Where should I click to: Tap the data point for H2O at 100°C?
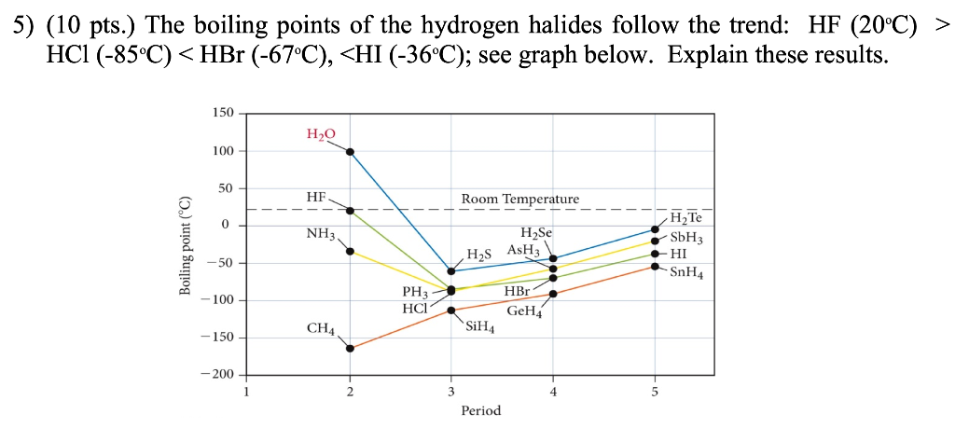pyautogui.click(x=350, y=151)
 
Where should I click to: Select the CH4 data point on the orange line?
pyautogui.click(x=350, y=349)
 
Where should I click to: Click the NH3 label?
pyautogui.click(x=320, y=233)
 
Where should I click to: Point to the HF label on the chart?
pyautogui.click(x=316, y=198)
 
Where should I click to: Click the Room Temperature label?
pyautogui.click(x=519, y=199)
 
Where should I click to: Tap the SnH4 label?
pyautogui.click(x=686, y=273)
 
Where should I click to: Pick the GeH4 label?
pyautogui.click(x=524, y=311)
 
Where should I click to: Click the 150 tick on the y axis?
pyautogui.click(x=222, y=113)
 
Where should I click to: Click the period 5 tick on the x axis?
pyautogui.click(x=654, y=392)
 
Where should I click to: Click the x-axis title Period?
pyautogui.click(x=480, y=410)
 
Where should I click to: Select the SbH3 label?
pyautogui.click(x=686, y=238)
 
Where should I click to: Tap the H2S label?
pyautogui.click(x=478, y=255)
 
